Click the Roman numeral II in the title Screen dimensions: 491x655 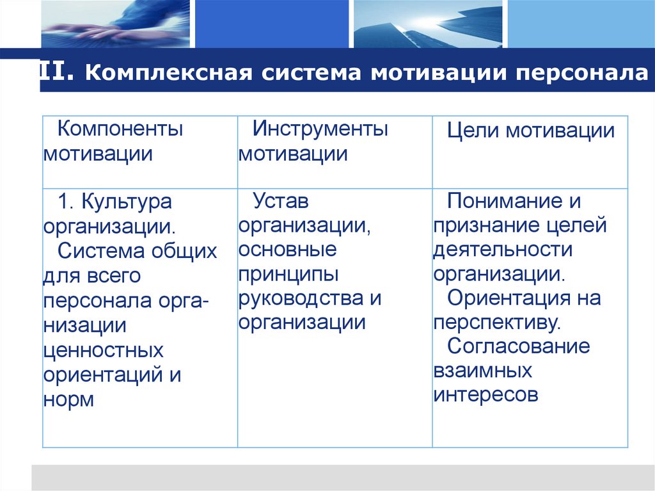point(57,72)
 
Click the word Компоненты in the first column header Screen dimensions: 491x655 point(120,129)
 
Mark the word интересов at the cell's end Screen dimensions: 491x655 point(485,395)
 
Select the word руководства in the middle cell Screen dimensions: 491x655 point(302,298)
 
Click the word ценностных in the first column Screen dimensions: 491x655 point(104,350)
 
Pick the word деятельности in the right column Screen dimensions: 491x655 point(502,250)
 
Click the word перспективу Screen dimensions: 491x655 point(496,322)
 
